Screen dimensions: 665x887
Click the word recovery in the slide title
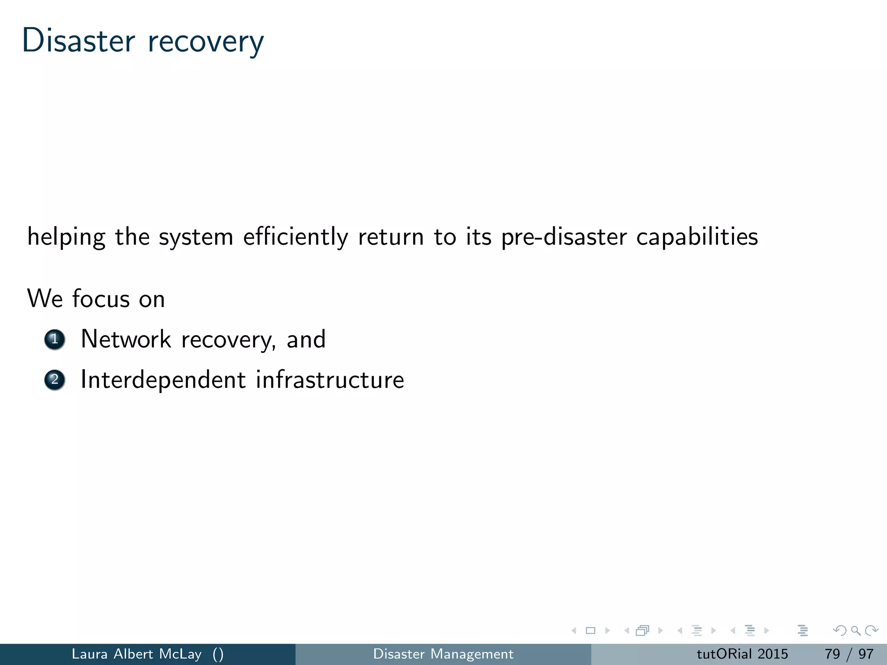point(205,42)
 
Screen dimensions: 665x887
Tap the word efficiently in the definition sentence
point(295,237)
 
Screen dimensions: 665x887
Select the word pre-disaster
point(564,237)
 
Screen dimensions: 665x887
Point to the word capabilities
point(697,237)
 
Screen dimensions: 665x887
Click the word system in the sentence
point(196,238)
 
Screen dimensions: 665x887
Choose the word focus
point(100,299)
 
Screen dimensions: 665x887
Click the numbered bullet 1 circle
point(55,339)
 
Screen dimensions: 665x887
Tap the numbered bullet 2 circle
point(55,380)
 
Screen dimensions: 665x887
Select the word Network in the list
point(126,339)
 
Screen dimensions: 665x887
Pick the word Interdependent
point(163,380)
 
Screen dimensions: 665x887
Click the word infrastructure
point(330,380)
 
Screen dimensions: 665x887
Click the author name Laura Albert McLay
point(136,654)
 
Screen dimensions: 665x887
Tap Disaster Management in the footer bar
point(443,654)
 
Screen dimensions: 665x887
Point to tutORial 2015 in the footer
point(742,654)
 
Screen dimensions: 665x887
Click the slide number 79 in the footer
point(832,654)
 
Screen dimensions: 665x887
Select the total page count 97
point(866,654)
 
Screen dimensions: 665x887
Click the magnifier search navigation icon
point(855,631)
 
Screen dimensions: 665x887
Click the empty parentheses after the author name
point(218,654)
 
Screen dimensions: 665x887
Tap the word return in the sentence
point(391,237)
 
